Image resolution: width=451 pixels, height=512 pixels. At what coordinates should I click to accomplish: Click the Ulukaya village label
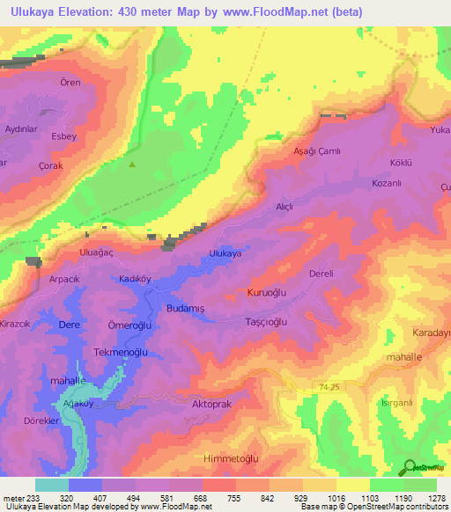tap(225, 253)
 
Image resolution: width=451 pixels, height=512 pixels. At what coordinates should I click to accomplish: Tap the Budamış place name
tap(186, 309)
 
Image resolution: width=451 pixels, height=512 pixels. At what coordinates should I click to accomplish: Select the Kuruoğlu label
tap(268, 292)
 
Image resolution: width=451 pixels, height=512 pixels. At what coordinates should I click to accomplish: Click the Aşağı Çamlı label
tap(316, 151)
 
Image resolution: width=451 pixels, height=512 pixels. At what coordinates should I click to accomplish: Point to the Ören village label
tap(70, 83)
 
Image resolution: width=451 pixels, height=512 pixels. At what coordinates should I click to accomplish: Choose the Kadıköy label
tap(136, 278)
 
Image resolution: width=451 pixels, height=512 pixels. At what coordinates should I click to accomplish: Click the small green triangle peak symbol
tap(132, 164)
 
